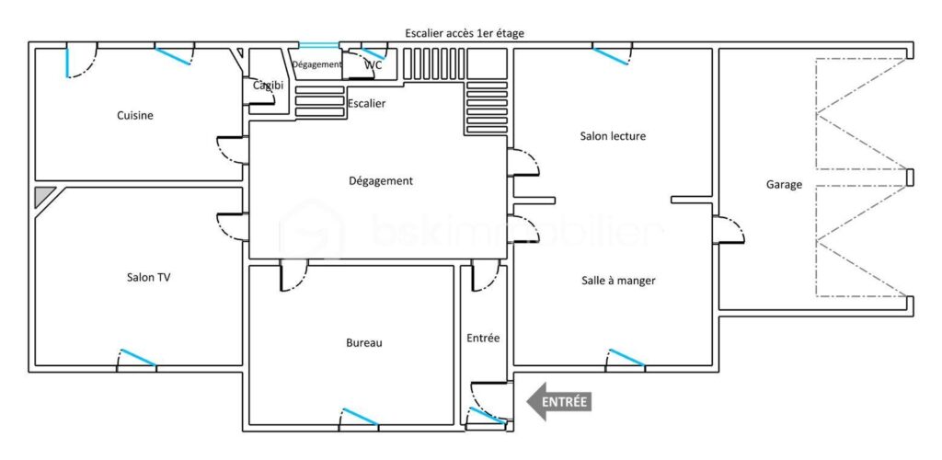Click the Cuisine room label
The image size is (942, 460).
click(134, 116)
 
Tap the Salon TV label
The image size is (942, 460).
click(148, 277)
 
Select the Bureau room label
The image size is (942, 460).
click(363, 343)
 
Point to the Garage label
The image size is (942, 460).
click(784, 185)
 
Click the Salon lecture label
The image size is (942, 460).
click(613, 136)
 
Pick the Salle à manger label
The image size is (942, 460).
click(618, 281)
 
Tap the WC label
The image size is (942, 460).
click(373, 65)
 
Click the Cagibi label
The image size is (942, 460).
click(269, 86)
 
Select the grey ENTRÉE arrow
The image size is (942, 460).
click(558, 401)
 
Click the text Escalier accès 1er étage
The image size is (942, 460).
click(465, 33)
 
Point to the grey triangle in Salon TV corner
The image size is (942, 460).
click(42, 196)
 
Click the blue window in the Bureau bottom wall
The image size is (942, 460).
click(359, 416)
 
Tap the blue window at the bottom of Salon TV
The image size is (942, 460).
click(136, 358)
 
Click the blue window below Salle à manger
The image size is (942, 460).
click(626, 357)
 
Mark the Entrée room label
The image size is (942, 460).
click(483, 339)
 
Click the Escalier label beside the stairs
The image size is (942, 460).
click(366, 104)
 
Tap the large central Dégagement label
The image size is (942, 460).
click(381, 181)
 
